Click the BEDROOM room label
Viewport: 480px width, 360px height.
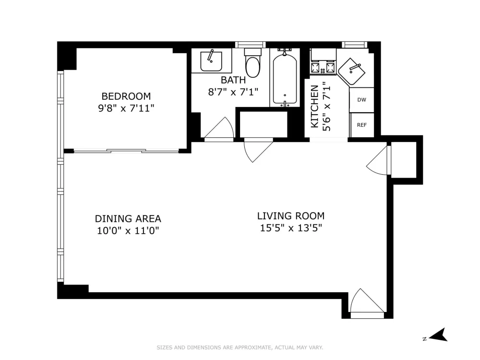coord(126,96)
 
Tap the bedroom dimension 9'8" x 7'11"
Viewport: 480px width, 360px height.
coord(126,108)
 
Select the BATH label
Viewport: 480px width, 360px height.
coord(233,80)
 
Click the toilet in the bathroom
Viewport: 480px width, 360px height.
coord(252,63)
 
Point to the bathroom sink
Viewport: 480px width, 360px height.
coord(211,61)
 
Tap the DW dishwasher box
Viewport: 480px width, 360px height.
coord(361,100)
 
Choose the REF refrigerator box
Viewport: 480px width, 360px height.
coord(361,125)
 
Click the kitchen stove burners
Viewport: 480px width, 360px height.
coord(323,68)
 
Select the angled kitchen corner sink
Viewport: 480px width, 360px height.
coord(352,72)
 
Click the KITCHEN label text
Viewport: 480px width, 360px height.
coord(315,106)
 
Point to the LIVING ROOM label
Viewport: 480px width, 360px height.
coord(291,216)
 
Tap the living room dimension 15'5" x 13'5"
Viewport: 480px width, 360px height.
coord(291,228)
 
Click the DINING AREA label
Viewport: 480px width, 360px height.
coord(128,218)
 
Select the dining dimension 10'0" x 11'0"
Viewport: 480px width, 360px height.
coord(128,230)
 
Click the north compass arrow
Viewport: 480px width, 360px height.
coord(438,335)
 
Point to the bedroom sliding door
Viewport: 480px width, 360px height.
coord(126,150)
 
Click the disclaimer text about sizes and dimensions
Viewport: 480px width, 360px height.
coord(240,348)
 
